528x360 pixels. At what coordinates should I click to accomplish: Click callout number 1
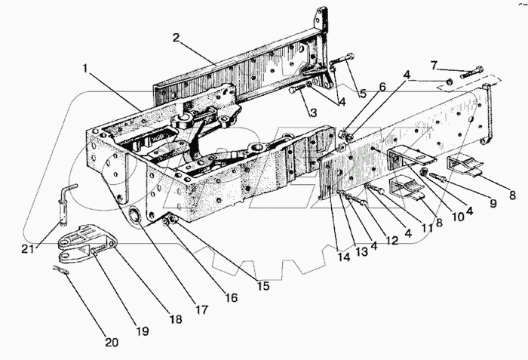pyautogui.click(x=85, y=69)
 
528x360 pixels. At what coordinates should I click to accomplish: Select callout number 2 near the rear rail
pyautogui.click(x=176, y=38)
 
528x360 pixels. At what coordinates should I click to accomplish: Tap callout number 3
pyautogui.click(x=313, y=112)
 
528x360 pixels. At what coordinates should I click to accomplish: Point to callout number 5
pyautogui.click(x=362, y=93)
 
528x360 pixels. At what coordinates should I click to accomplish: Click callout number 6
pyautogui.click(x=382, y=87)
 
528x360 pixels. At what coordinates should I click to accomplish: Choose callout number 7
pyautogui.click(x=434, y=65)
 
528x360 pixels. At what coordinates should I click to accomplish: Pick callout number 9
pyautogui.click(x=493, y=203)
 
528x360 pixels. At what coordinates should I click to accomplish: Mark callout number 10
pyautogui.click(x=458, y=217)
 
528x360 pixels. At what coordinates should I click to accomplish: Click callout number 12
pyautogui.click(x=392, y=240)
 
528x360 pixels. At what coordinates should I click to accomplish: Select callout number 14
pyautogui.click(x=344, y=257)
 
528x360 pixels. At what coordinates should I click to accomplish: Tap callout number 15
pyautogui.click(x=264, y=285)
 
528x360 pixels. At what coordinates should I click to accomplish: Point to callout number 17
pyautogui.click(x=201, y=309)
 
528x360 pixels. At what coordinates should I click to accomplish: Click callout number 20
pyautogui.click(x=112, y=343)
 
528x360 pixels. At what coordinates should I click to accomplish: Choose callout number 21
pyautogui.click(x=28, y=249)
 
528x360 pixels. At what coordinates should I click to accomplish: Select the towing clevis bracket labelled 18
pyautogui.click(x=87, y=242)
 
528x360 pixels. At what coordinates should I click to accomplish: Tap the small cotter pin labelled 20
pyautogui.click(x=61, y=269)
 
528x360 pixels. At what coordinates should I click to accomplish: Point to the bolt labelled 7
pyautogui.click(x=471, y=72)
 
